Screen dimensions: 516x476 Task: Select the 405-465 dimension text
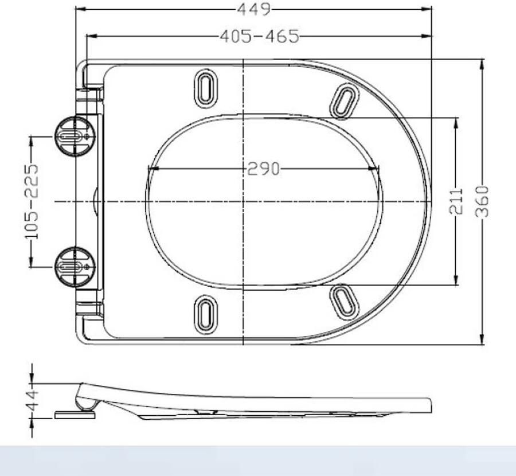pos(260,36)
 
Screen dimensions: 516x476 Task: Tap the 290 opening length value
pos(263,169)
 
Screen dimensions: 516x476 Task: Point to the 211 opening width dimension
pos(456,201)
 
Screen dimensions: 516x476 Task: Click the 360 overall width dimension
pos(482,201)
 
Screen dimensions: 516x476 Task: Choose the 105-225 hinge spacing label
pos(32,201)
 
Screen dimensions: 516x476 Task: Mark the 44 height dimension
pos(32,401)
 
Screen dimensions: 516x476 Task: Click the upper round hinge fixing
pos(75,136)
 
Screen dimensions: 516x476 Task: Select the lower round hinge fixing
pos(75,267)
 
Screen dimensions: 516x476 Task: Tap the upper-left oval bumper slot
pos(206,88)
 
